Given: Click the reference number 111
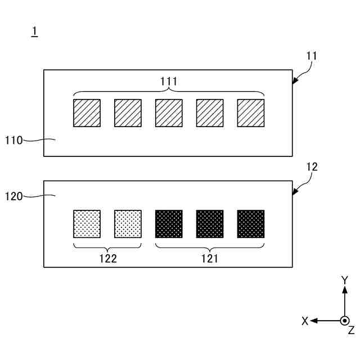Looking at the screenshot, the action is coord(169,82).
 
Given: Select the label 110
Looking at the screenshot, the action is coord(13,140).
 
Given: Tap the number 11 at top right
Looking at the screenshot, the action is coord(312,56).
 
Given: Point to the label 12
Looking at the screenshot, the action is coord(312,166).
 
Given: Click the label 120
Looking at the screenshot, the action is coord(13,196).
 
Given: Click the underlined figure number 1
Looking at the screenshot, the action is coord(34,33).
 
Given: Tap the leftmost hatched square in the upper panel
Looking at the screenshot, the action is coord(87,113).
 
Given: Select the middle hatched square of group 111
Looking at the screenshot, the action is coord(169,113).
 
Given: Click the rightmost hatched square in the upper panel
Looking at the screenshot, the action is coord(251,113).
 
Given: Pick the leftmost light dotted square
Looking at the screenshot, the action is coord(87,224).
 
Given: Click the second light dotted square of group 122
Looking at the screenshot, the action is coord(128,224).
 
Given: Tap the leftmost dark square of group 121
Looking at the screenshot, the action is coord(169,224).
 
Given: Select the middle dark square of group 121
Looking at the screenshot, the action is coord(210,224).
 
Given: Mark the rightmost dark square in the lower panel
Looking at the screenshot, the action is coord(251,224).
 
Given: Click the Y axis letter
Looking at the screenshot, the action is coord(345,280).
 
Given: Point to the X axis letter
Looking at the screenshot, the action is coord(305,321).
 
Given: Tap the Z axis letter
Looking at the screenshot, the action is coord(351,330).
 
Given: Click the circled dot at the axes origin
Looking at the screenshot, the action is coord(345,321).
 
